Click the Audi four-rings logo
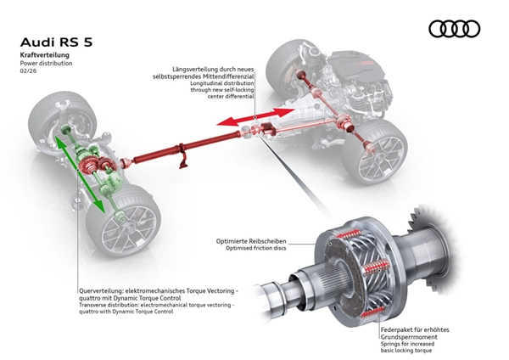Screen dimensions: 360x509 (x=455, y=29)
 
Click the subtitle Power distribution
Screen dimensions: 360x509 (x=47, y=63)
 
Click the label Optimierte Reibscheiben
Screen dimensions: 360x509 (x=256, y=242)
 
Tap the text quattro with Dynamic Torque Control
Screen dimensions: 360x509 (x=131, y=312)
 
